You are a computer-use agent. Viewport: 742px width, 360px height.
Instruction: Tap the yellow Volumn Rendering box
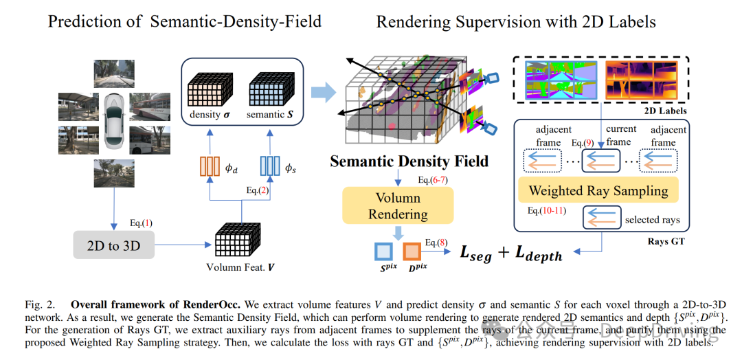398,205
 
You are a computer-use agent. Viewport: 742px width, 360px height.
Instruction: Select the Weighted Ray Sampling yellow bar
597,190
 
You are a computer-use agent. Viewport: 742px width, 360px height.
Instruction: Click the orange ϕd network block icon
209,167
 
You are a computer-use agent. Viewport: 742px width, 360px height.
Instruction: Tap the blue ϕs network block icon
269,167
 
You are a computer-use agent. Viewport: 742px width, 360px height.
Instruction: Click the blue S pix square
383,251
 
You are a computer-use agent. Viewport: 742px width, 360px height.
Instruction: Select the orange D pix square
412,251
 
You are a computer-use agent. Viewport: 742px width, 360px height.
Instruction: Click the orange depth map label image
639,80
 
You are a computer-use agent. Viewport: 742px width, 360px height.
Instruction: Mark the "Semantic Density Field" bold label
409,162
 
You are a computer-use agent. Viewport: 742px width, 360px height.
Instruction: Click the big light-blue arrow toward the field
321,91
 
